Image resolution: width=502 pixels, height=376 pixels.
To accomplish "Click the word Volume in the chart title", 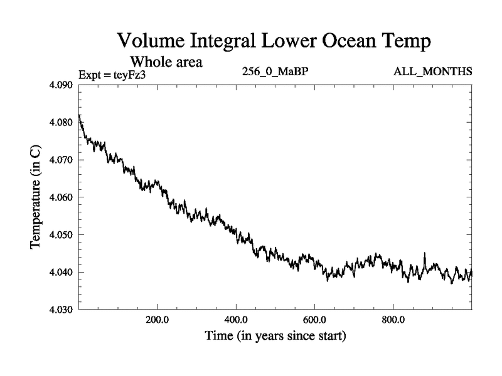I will coord(151,42).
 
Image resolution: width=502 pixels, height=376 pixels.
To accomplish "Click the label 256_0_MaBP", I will coord(274,73).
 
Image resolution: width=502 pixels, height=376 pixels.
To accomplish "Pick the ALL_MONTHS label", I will coord(433,73).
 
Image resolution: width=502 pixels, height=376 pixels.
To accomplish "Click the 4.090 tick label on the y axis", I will coord(63,85).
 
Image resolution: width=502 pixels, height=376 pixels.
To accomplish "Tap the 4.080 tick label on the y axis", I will coord(63,122).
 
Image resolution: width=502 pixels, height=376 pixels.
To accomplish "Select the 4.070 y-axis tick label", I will coord(63,160).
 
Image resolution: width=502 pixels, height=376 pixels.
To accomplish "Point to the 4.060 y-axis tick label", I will coord(63,197).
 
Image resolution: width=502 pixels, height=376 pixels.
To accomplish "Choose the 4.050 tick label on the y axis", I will coord(63,235).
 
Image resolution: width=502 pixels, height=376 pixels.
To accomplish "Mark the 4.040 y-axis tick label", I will coord(63,273).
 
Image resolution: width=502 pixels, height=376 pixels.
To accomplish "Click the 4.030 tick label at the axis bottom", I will coord(63,310).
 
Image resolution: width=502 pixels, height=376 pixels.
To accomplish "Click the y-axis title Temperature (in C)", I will coord(36,197).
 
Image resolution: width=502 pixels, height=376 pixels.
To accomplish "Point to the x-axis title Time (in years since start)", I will coord(275,337).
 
